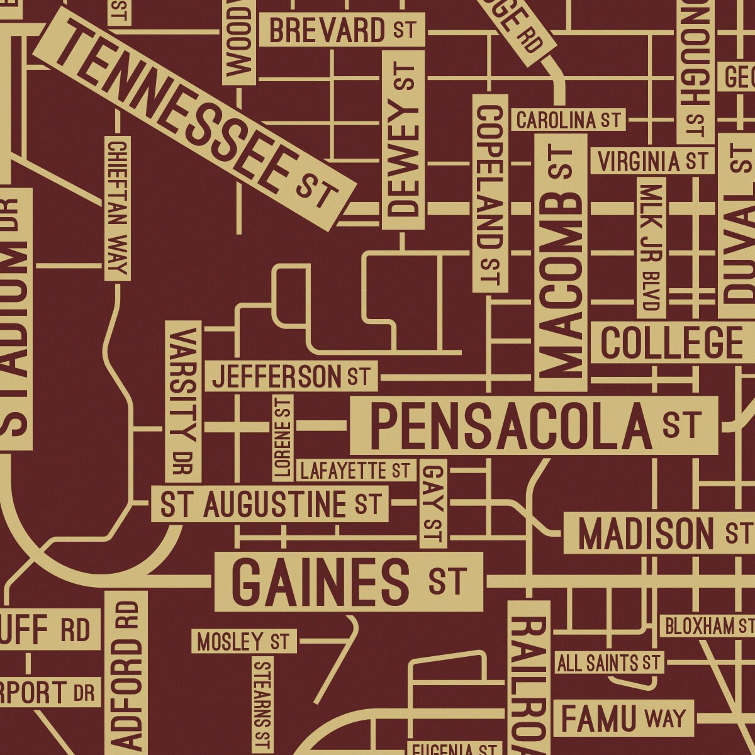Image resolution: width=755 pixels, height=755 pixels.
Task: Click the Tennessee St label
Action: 195,120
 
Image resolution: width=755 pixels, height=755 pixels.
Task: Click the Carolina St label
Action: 569,120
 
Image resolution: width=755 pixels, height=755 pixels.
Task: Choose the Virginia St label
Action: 652,162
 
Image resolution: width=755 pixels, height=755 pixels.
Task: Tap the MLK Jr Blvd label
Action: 651,247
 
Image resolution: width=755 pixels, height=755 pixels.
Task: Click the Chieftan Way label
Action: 118,208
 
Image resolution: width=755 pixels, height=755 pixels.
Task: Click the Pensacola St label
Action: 534,426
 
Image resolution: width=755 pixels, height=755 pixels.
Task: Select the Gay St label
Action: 433,503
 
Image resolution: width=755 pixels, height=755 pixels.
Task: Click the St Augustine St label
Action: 271,505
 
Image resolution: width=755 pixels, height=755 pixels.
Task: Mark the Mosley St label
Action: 243,642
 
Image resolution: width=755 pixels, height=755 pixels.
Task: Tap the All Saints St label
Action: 609,663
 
